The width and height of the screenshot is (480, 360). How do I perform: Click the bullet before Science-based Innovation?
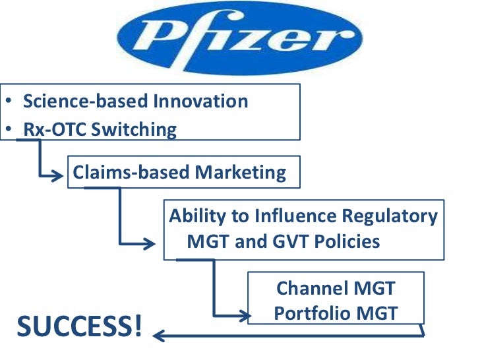click(6, 102)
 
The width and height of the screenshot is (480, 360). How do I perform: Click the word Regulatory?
click(390, 216)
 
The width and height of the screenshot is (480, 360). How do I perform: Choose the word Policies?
click(349, 241)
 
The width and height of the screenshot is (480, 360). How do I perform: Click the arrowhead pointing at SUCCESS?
click(158, 336)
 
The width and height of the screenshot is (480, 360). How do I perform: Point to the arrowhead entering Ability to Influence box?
click(156, 243)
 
